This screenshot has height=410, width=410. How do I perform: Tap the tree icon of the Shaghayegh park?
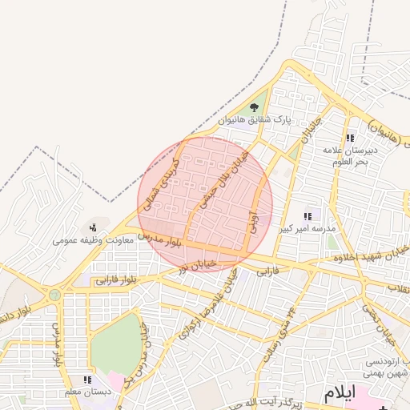pos(255,107)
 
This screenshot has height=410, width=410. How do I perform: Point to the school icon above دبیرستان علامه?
pos(349,139)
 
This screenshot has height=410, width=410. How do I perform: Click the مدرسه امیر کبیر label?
pos(304,229)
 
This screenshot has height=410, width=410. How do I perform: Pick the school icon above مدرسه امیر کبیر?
pos(307,216)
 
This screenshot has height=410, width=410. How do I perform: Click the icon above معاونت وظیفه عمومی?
pos(94,227)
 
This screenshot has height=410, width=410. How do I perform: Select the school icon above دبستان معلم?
pos(87,380)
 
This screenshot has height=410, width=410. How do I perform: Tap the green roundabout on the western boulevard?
pos(54,295)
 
